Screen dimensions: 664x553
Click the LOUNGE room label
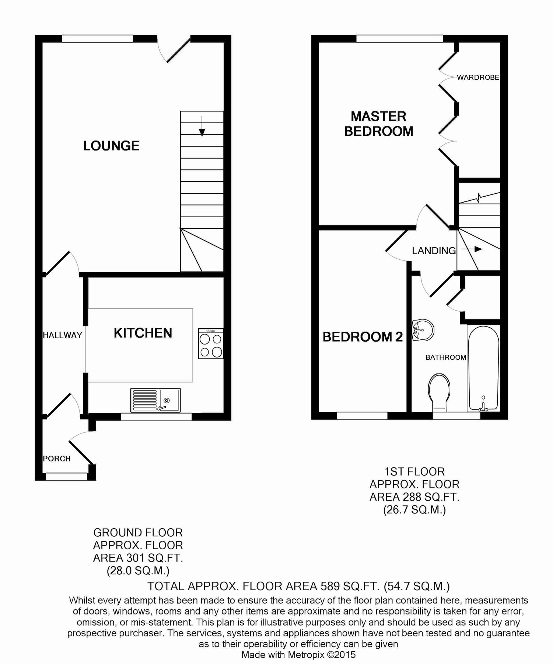[111, 146]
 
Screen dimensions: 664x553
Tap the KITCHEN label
[143, 333]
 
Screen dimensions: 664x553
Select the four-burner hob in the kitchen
[211, 344]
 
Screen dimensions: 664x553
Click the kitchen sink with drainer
[155, 400]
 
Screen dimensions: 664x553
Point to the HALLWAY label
[62, 335]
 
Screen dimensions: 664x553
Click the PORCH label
[57, 459]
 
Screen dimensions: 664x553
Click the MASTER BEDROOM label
[379, 124]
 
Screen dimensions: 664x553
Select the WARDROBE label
[478, 77]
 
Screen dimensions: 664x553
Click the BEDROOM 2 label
[363, 337]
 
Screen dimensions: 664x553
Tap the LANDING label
[434, 251]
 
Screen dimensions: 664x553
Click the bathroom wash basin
[423, 329]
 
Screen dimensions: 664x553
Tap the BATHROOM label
[446, 357]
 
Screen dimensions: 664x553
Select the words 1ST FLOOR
[414, 471]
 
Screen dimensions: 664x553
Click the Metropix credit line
[298, 655]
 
